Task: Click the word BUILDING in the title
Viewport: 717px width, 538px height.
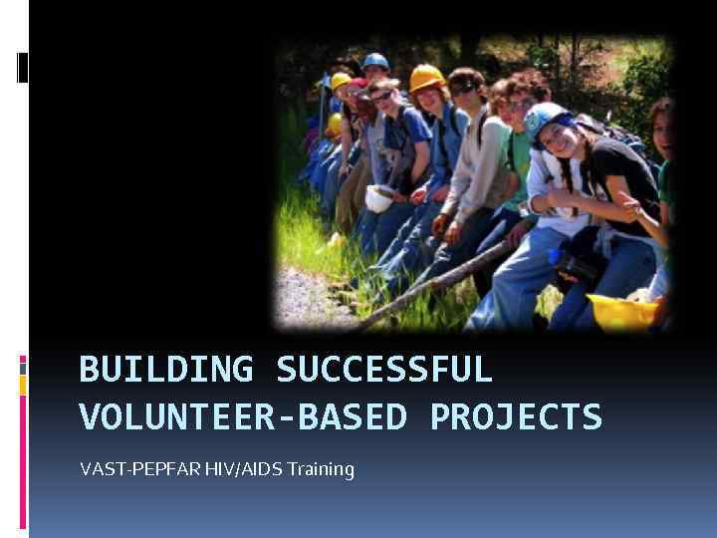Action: point(166,370)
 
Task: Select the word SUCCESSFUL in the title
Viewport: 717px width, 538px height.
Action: point(384,370)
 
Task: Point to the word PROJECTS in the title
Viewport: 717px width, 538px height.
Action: point(516,416)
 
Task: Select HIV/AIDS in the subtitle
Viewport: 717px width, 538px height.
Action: point(242,468)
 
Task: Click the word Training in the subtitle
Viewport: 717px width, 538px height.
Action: point(320,468)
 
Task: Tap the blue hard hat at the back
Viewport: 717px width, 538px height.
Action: point(375,62)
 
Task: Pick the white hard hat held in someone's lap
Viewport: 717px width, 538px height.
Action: point(379,198)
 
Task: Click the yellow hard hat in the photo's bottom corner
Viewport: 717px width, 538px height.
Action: point(622,312)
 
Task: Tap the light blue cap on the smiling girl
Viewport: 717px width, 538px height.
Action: point(545,119)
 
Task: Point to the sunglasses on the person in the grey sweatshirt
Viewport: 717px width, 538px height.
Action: point(464,90)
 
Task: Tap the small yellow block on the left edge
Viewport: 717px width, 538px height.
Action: point(23,386)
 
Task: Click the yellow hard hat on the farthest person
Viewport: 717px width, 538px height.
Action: point(341,81)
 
